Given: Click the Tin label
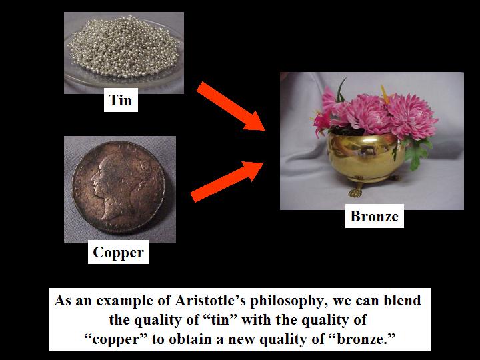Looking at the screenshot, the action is tap(121, 100).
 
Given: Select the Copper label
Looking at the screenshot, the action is tap(119, 252).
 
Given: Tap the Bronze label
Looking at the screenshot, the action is tap(375, 216).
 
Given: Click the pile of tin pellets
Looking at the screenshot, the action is tap(123, 47).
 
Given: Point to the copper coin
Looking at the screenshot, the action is tap(118, 187).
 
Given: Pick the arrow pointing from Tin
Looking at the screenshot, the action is tap(230, 106).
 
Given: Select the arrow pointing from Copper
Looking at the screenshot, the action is tap(227, 182).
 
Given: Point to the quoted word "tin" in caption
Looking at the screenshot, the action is tap(221, 320).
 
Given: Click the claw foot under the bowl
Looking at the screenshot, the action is tap(355, 191).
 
